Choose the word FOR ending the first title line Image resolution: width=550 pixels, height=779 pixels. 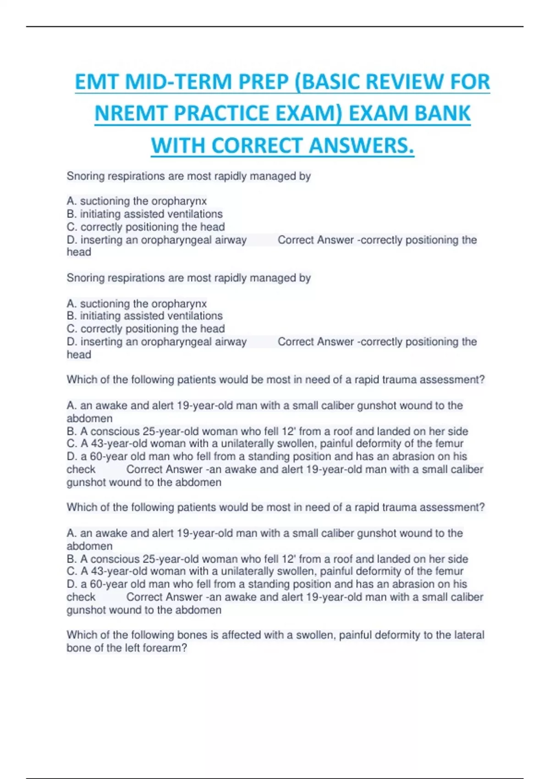(x=470, y=82)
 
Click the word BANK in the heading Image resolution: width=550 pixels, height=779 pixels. (x=442, y=114)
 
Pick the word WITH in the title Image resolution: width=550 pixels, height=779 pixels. (x=178, y=146)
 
